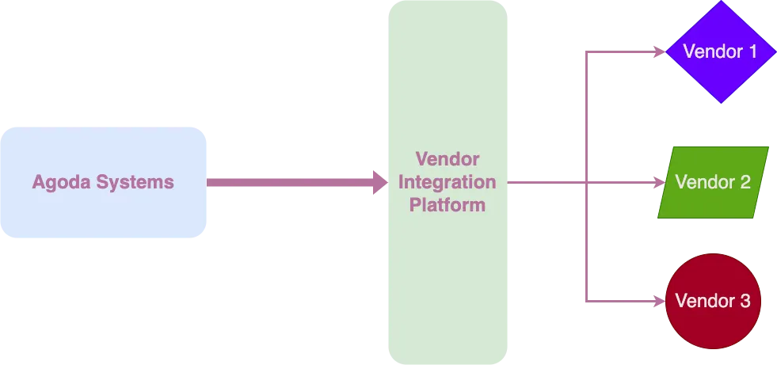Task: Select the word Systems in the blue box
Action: coord(135,182)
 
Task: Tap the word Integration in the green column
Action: coord(447,182)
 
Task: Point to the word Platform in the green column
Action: coord(447,205)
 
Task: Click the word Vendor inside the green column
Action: coord(447,159)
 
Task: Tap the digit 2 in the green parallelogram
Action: coord(745,182)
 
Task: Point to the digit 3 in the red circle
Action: coord(744,301)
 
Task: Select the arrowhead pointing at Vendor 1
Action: coord(659,52)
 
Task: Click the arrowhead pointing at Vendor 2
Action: coord(659,182)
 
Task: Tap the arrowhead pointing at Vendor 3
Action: coord(659,301)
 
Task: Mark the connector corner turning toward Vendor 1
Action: coord(585,53)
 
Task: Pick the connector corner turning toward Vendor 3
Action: coord(585,301)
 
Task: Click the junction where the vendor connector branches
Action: coord(585,182)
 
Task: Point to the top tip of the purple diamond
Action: coord(719,2)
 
